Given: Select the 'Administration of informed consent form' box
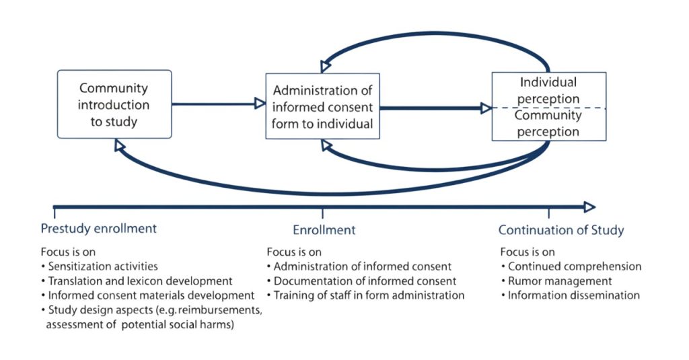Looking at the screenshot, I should click(322, 106).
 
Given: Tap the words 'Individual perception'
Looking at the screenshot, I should click(548, 90).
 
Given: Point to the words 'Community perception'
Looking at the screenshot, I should click(548, 123).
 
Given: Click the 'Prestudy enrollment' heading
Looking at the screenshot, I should click(98, 228).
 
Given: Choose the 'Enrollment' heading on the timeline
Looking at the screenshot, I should click(324, 230).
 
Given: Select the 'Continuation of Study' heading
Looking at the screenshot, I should click(560, 230).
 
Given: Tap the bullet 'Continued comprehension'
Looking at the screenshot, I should click(574, 266).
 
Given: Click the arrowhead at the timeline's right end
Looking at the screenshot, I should click(589, 207).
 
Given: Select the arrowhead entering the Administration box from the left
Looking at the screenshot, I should click(259, 104).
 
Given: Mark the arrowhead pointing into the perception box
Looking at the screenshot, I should click(486, 108).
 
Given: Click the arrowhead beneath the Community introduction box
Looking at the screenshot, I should click(120, 145).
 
